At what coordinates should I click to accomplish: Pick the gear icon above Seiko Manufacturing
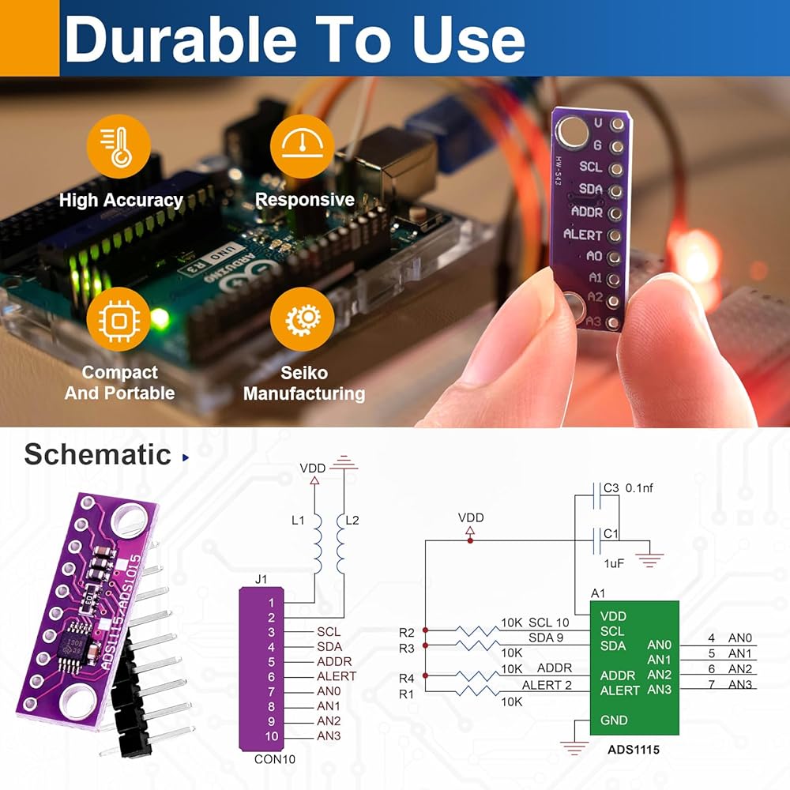coord(303,319)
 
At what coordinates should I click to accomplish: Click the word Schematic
coord(97,454)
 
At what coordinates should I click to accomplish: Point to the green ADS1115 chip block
coord(634,668)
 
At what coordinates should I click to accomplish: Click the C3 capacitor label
coord(610,488)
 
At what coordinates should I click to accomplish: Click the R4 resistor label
coord(407,677)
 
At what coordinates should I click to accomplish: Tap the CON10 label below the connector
coord(274,760)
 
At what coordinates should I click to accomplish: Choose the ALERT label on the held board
coord(583,235)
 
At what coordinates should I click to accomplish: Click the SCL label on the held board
coord(591,167)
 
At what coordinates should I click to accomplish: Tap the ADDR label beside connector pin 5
coord(334,661)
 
